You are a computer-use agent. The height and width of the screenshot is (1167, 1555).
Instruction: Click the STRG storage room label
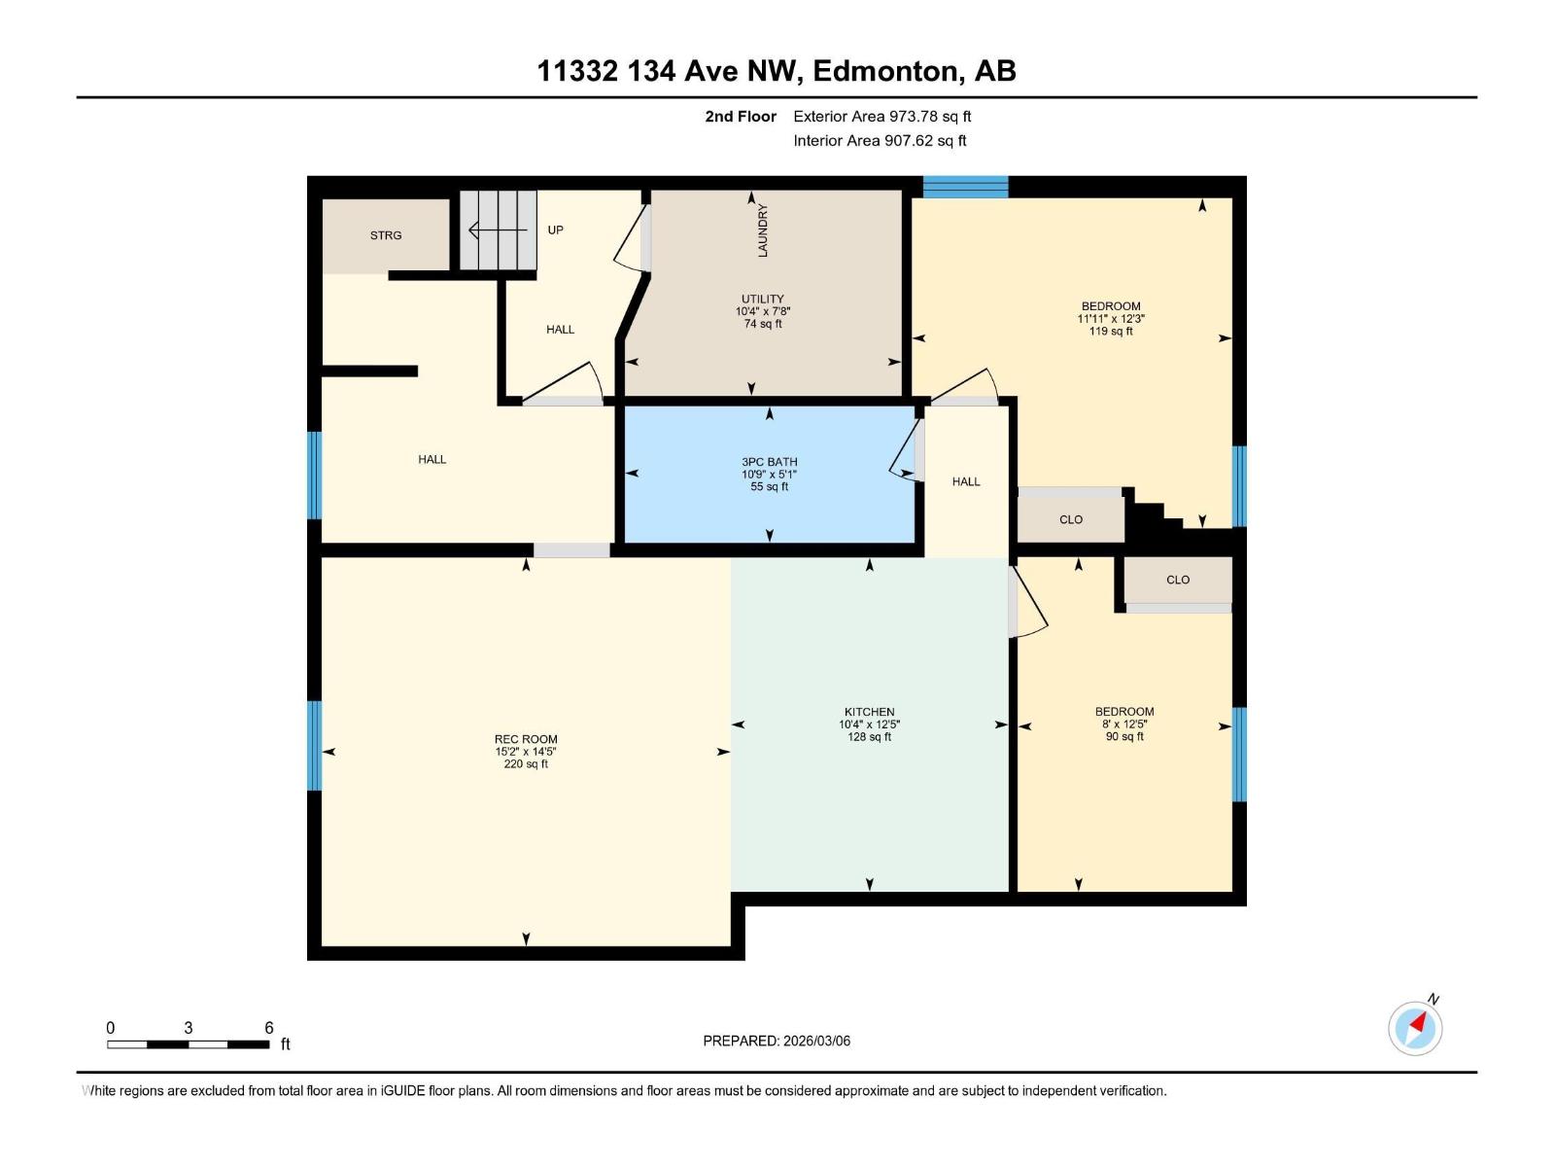pos(385,235)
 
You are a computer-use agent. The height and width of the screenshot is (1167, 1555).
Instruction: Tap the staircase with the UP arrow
pos(498,230)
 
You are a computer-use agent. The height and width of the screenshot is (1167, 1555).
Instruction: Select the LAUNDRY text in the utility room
pos(763,230)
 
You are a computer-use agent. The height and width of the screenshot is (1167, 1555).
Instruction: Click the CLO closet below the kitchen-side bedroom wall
pos(1177,580)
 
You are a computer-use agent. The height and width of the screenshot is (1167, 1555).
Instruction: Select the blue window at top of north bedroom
pos(965,187)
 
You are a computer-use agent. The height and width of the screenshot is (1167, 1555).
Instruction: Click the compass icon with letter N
pos(1415,1028)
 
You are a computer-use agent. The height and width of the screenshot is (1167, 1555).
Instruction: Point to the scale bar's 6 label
pos(269,1028)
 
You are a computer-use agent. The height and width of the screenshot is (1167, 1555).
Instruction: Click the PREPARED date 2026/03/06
pos(777,1041)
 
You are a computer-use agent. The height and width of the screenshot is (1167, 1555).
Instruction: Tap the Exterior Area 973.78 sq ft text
pos(881,116)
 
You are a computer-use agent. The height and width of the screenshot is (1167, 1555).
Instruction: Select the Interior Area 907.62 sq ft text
pos(880,140)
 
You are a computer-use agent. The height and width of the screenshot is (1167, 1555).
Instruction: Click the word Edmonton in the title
pos(885,71)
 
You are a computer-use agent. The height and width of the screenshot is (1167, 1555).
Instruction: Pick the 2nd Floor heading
pos(741,116)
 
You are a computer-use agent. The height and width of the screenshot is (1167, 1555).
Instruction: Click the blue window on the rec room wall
pos(314,746)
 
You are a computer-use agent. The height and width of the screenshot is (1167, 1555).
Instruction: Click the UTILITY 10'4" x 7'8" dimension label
pos(763,311)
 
